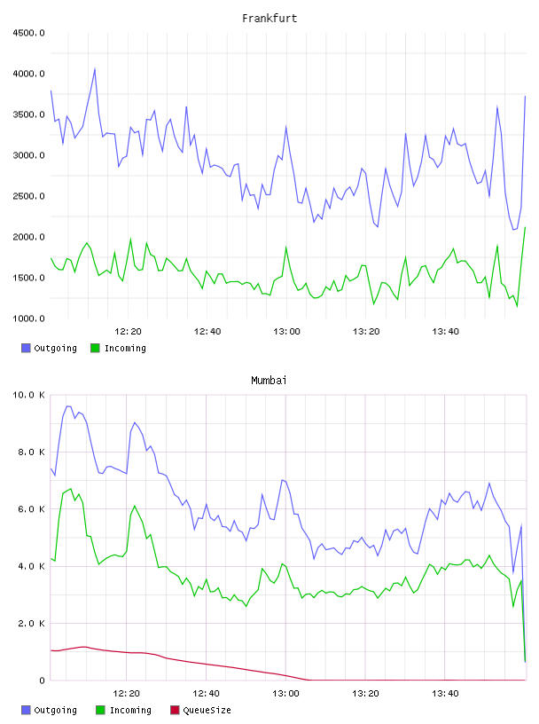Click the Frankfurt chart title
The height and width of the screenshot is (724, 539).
click(269, 19)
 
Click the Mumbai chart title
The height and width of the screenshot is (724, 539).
click(269, 381)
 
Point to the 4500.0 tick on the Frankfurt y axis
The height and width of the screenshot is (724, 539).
click(28, 33)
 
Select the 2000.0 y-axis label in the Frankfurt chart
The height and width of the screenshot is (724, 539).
click(28, 237)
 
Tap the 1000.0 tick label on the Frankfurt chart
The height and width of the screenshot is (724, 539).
click(28, 319)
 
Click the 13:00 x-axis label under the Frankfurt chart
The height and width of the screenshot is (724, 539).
click(286, 332)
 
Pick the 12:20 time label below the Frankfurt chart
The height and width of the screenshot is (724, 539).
click(128, 332)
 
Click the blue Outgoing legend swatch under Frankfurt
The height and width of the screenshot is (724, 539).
click(26, 348)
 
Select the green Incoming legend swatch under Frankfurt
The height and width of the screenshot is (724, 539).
click(95, 348)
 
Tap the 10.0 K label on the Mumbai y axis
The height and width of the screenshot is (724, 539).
click(28, 395)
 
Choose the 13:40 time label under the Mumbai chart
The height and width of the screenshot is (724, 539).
click(445, 694)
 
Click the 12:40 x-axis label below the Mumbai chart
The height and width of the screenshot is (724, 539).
click(206, 694)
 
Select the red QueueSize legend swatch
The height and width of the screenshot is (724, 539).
click(175, 710)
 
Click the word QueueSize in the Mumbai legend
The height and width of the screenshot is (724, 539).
click(207, 710)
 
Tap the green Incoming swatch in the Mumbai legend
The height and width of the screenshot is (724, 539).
click(100, 710)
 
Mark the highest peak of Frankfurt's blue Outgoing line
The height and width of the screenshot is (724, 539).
click(95, 69)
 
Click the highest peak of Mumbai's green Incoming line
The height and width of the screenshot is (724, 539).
click(70, 489)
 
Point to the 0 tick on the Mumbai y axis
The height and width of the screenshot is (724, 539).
click(42, 681)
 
